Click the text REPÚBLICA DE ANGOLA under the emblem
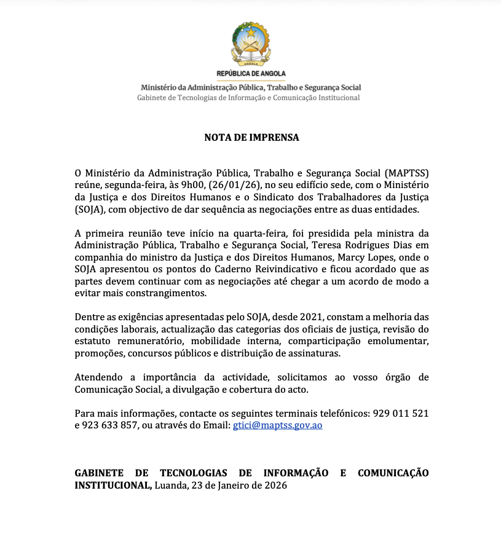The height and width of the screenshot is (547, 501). (251, 74)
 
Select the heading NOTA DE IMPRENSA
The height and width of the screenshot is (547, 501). (251, 138)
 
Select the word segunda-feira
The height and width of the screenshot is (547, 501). (133, 185)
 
